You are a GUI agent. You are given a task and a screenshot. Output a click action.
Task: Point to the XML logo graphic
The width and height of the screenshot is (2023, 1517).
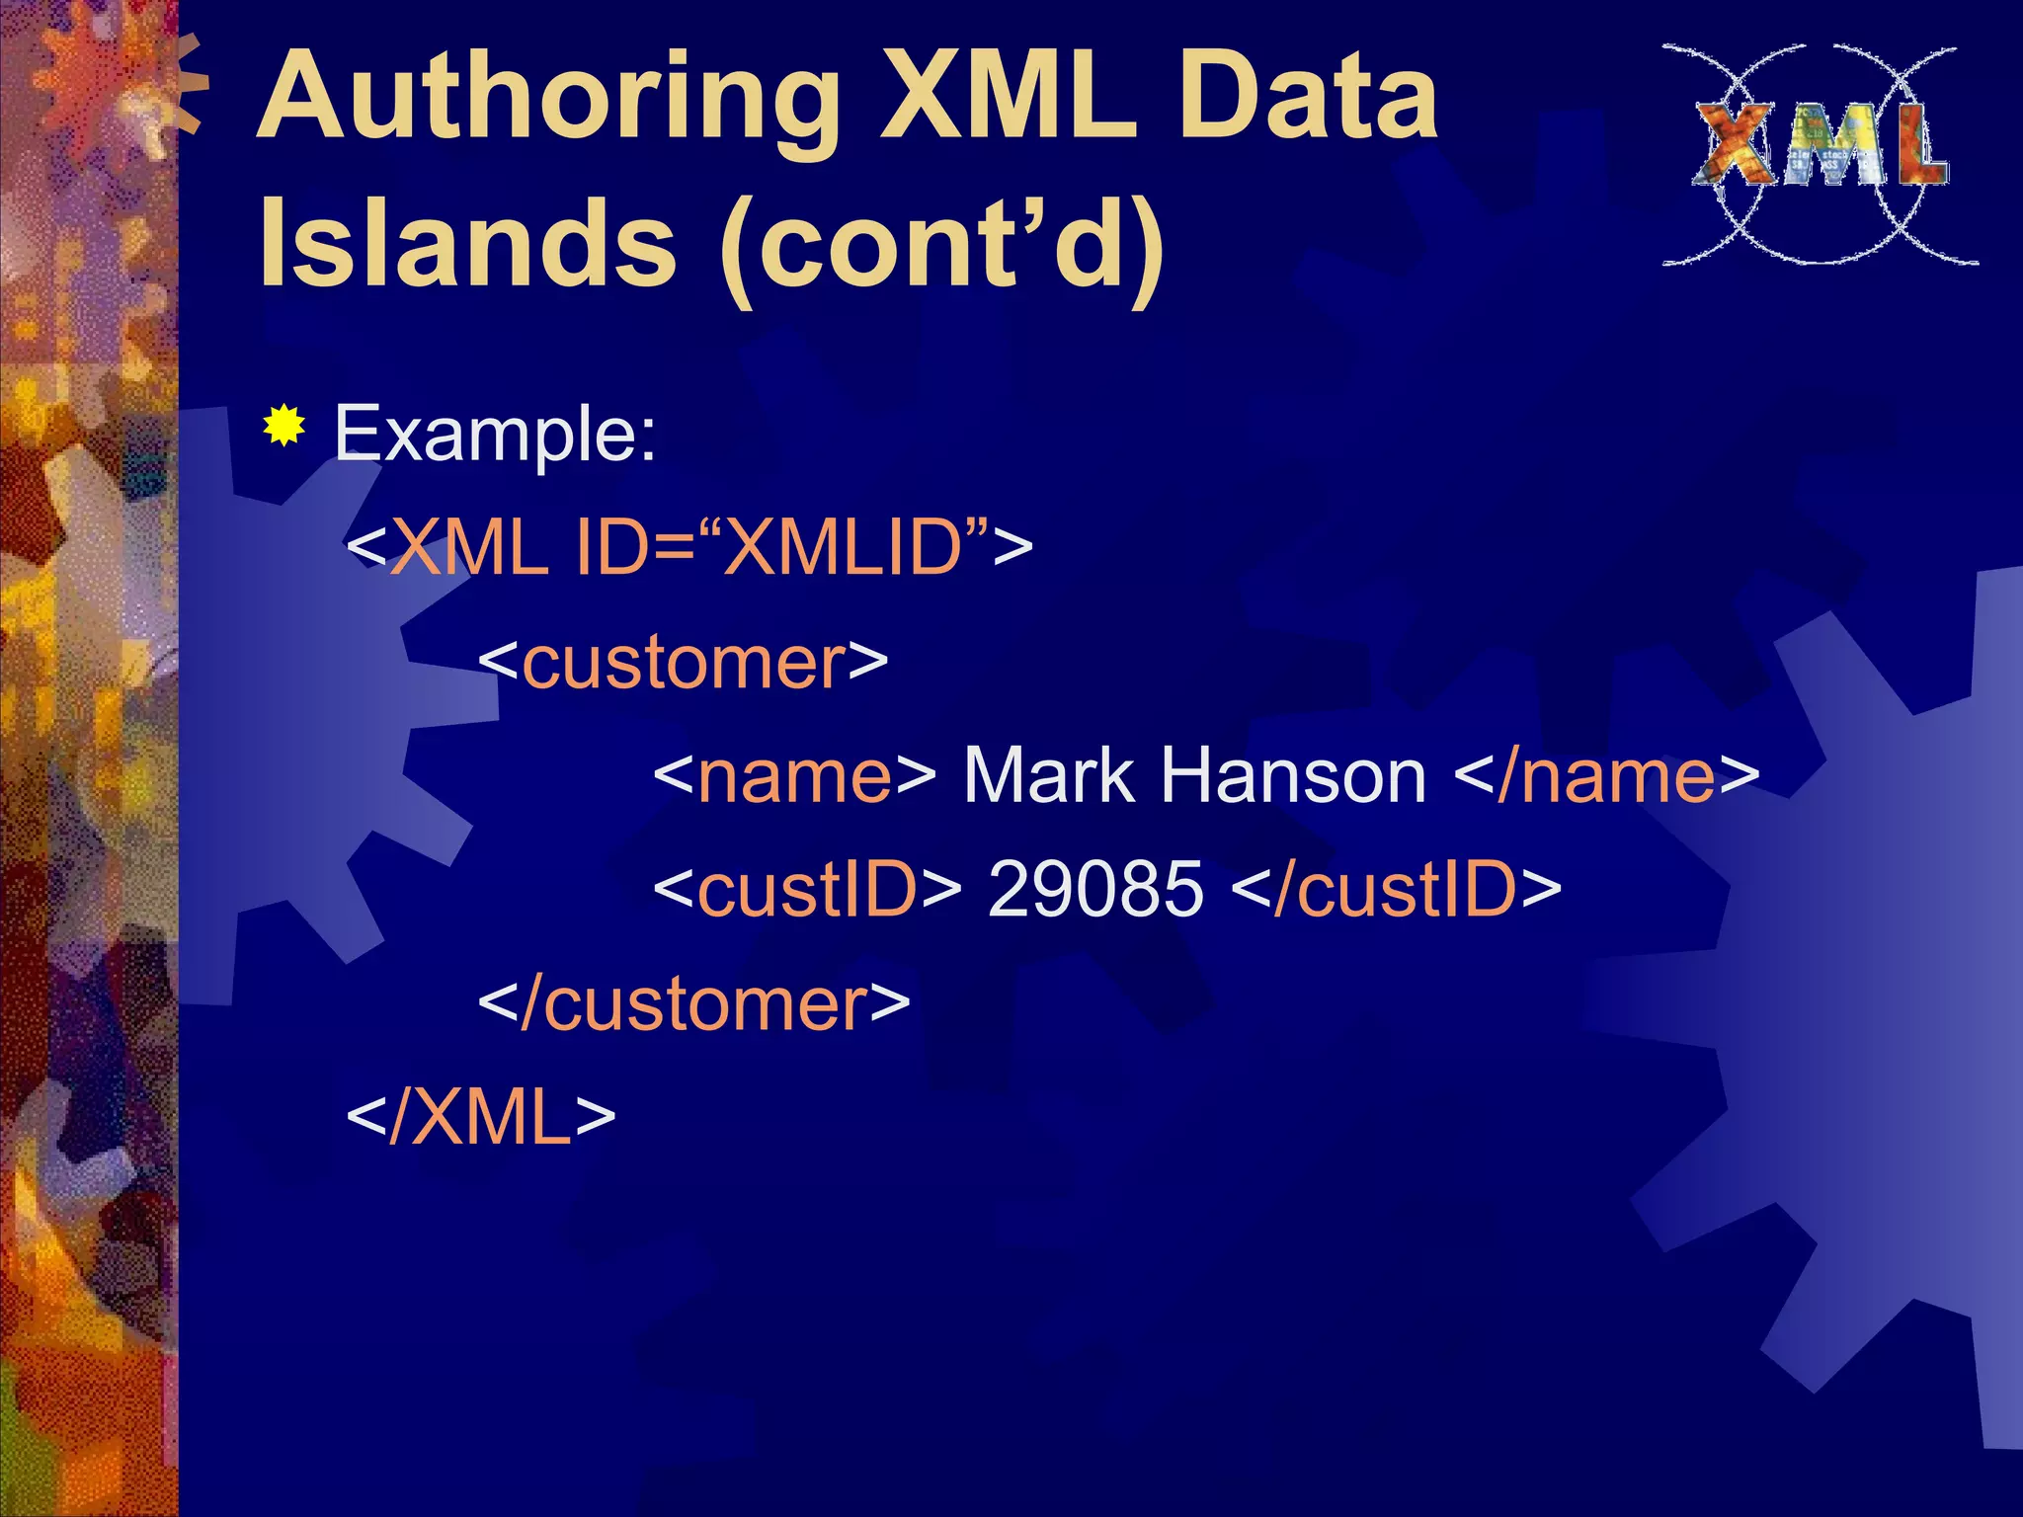pyautogui.click(x=1820, y=154)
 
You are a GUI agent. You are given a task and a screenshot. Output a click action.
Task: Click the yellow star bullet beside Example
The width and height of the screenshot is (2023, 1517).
pyautogui.click(x=284, y=427)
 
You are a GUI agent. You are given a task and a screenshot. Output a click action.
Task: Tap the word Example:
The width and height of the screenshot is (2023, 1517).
pyautogui.click(x=495, y=435)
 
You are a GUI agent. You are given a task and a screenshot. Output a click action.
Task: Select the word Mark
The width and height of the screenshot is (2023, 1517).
pyautogui.click(x=1048, y=776)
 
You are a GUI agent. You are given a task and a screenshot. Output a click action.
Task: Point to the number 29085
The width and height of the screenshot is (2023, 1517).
pyautogui.click(x=1095, y=889)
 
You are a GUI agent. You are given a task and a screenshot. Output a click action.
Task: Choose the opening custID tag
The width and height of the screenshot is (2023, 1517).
pyautogui.click(x=806, y=889)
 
